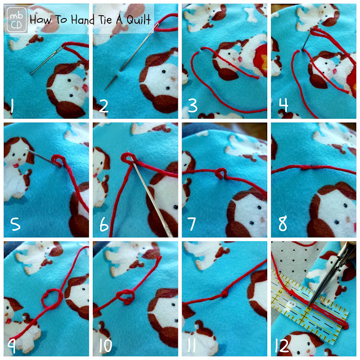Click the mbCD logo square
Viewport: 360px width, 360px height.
16,20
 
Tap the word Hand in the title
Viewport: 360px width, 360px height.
83,20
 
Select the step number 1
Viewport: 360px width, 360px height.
12,106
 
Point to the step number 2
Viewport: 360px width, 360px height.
103,106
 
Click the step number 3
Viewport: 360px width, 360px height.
192,106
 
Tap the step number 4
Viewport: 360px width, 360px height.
283,105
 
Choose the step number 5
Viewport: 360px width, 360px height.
15,224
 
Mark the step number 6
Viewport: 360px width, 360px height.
104,224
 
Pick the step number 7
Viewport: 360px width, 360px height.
191,224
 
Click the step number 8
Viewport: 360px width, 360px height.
282,224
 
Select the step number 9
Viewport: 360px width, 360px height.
12,346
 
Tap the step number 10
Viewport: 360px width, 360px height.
106,345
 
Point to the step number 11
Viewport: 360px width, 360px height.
191,345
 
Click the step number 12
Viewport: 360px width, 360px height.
282,345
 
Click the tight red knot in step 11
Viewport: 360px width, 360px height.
225,294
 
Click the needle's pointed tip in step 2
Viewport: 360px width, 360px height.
105,89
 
